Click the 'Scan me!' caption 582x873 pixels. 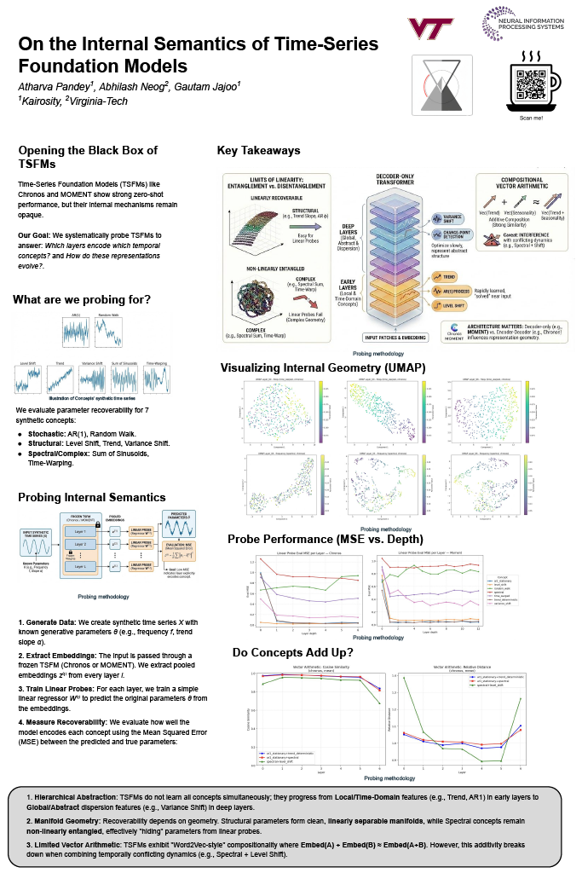coord(530,119)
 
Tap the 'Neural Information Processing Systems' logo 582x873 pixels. coord(526,24)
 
